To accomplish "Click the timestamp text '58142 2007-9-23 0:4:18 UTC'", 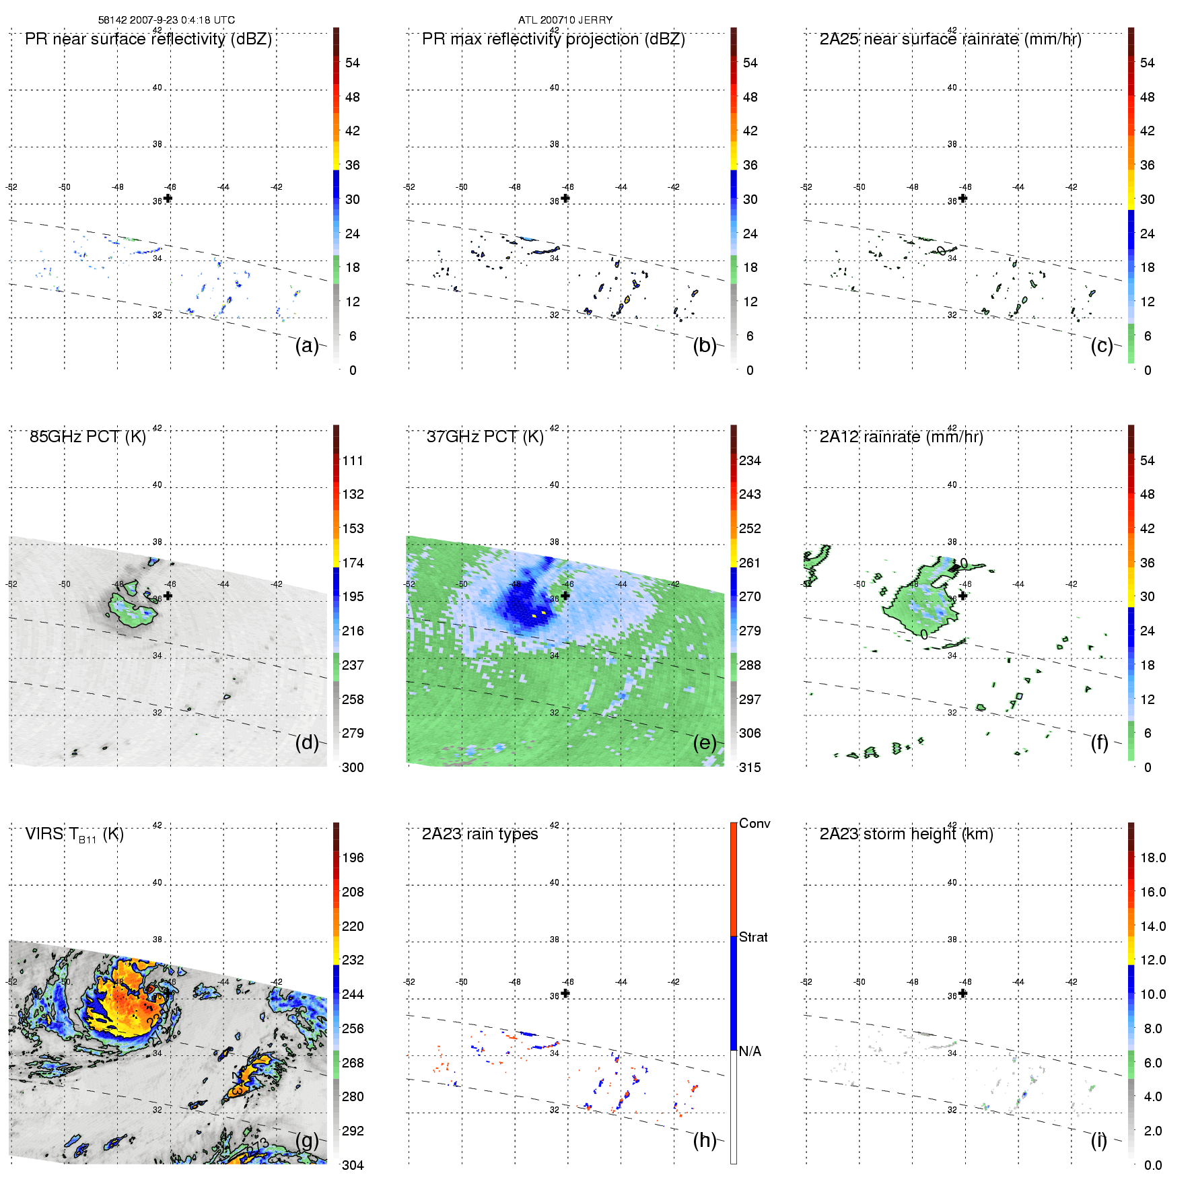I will coord(166,20).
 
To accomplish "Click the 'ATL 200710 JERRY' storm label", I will coord(565,20).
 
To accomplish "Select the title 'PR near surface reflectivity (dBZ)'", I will coord(148,39).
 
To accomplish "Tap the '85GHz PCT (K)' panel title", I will coord(87,437).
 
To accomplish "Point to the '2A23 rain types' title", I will coord(479,834).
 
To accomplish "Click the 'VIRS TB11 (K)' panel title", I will coord(74,835).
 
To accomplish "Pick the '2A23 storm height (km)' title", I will coord(906,834).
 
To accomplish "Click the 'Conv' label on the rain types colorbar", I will coord(754,824).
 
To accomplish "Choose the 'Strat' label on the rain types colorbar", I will coord(752,938).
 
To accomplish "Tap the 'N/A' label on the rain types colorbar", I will coord(750,1051).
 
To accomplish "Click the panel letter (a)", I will coord(306,345).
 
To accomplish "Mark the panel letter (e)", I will coord(704,742).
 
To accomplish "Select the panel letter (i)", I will coord(1098,1140).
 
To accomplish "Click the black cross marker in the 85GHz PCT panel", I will coord(168,596).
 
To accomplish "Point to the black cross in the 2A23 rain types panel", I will coord(565,993).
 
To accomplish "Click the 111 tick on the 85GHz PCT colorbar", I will coord(353,461).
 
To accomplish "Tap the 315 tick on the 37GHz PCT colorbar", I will coord(750,767).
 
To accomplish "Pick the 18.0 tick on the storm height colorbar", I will coord(1152,858).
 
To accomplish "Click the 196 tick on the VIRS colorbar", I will coord(353,858).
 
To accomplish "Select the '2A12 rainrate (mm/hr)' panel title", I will coord(901,437).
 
